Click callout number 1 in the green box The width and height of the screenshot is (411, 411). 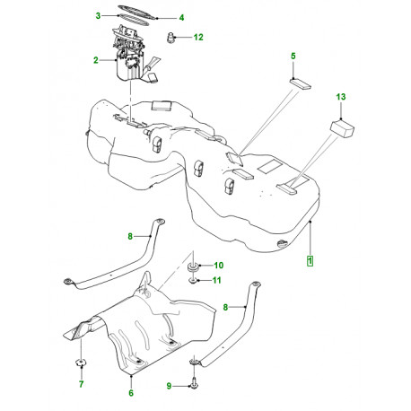[x=310, y=260]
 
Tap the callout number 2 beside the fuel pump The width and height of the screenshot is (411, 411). [x=94, y=61]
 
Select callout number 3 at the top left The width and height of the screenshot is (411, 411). [x=98, y=16]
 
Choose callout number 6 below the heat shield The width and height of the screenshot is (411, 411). [x=130, y=392]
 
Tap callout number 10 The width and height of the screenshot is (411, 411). [x=218, y=266]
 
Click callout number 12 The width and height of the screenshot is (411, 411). [x=198, y=37]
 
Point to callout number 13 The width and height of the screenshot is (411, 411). [x=341, y=95]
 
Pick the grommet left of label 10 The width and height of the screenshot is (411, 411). [x=193, y=267]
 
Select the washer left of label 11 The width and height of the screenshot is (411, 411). [x=194, y=281]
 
